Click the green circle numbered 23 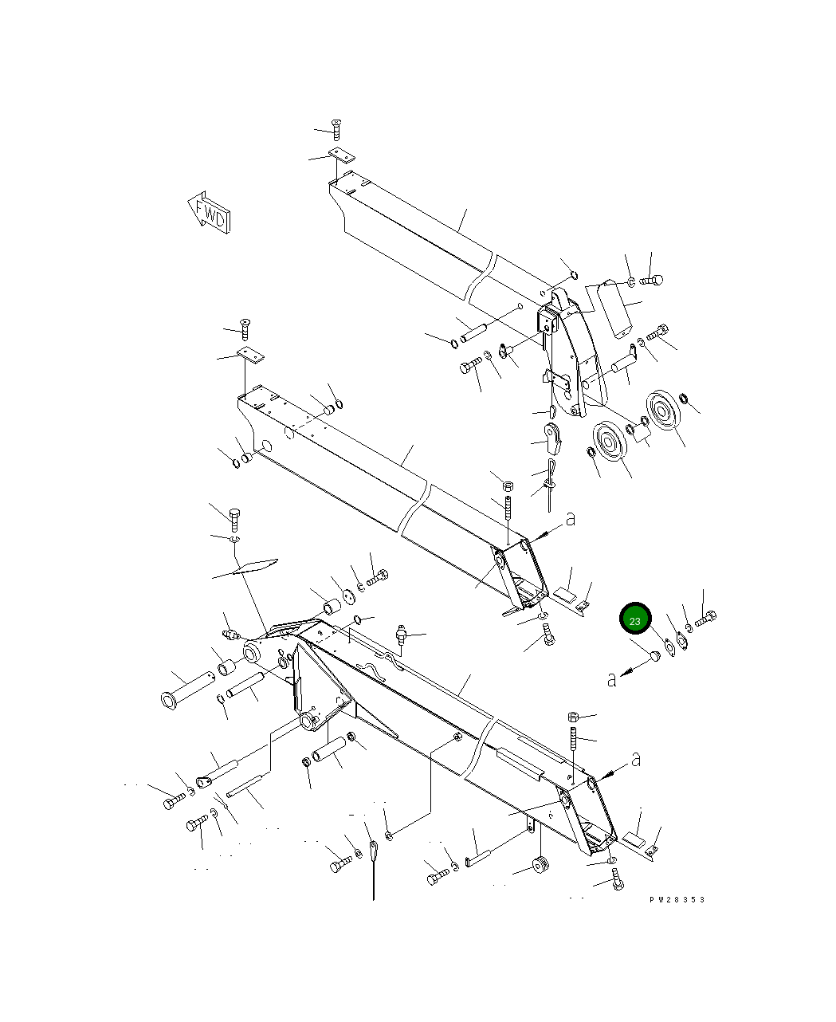coord(635,619)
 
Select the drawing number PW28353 coord(677,900)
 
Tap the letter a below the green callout coord(611,680)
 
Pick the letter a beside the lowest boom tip coord(635,761)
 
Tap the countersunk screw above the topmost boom coord(336,129)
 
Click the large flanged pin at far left coord(185,689)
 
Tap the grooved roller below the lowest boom coord(540,864)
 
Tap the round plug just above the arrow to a coord(655,656)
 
